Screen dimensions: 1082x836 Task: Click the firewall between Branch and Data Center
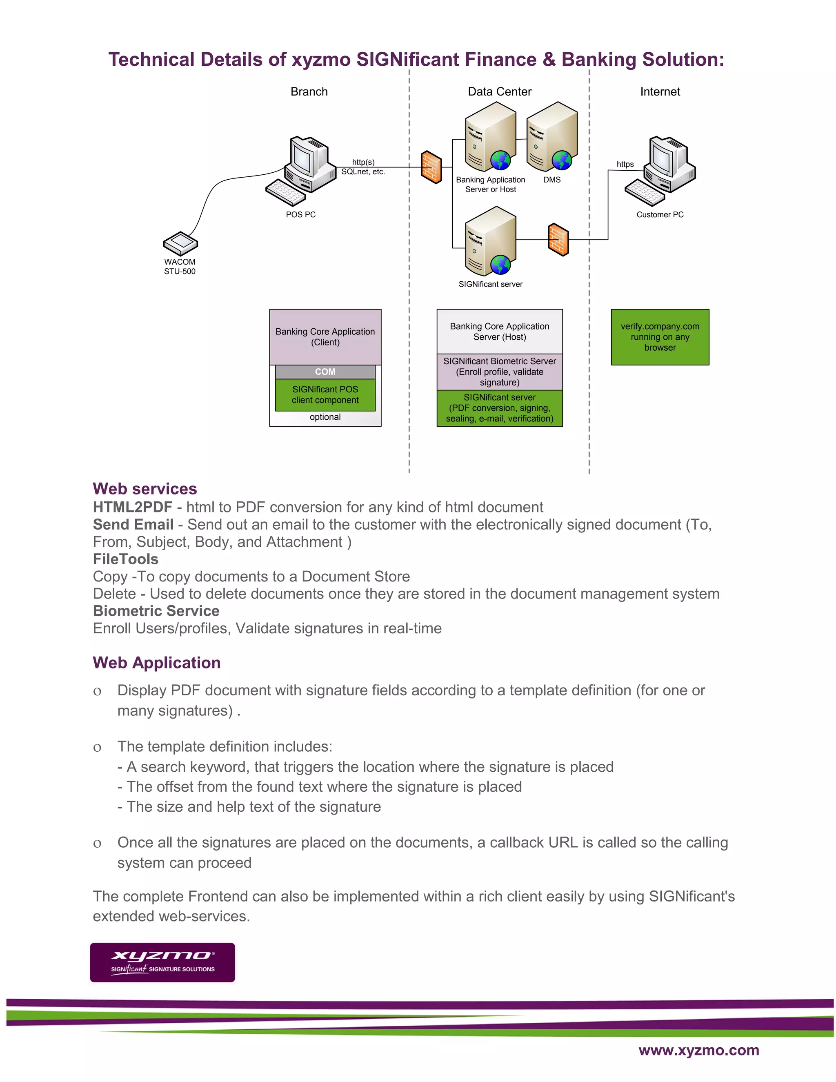tap(431, 167)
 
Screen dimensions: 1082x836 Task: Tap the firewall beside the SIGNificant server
tap(558, 240)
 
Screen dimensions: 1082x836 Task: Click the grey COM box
tap(325, 372)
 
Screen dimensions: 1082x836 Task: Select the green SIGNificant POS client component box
tap(325, 395)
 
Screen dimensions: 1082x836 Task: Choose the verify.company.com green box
tap(660, 337)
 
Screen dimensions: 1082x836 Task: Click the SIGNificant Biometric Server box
tap(499, 372)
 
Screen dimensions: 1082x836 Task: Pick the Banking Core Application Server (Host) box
tap(499, 332)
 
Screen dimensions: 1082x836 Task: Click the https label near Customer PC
tap(625, 165)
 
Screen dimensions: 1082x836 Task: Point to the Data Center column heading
tap(499, 91)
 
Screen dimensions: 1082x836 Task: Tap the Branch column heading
tap(309, 91)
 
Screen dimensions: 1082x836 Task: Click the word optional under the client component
tap(325, 417)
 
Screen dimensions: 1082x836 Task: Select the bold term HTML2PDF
tap(132, 507)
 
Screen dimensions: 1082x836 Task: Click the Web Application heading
tap(156, 663)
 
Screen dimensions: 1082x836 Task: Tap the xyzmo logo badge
tap(162, 962)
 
